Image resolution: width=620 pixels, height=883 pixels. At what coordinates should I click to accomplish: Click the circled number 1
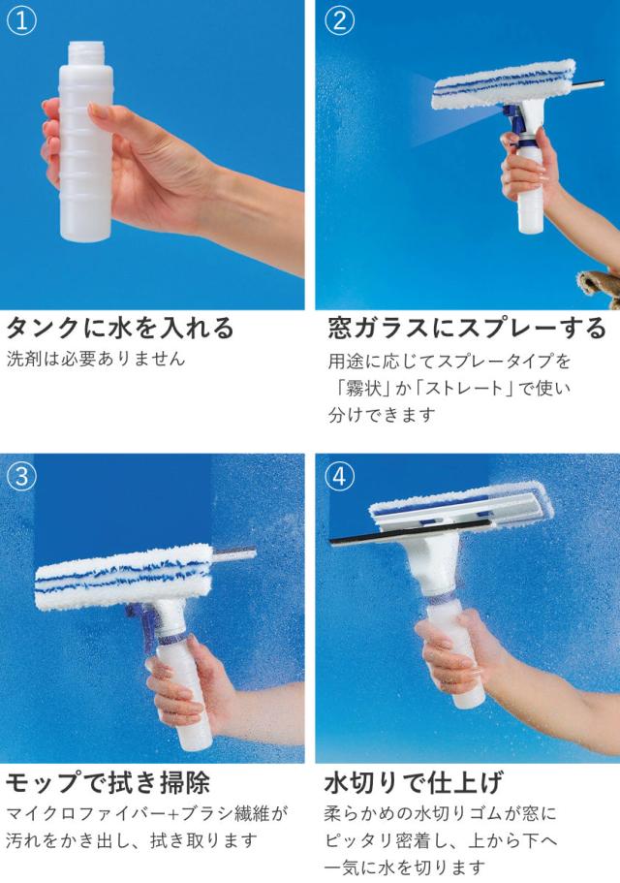tap(21, 20)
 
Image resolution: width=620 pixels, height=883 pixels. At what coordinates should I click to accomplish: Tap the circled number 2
tap(340, 20)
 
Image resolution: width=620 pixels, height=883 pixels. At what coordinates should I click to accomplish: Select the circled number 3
tap(21, 477)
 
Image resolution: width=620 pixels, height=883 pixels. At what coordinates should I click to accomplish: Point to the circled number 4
tap(340, 477)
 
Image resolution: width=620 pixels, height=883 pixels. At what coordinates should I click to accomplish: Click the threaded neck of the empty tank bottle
tap(86, 50)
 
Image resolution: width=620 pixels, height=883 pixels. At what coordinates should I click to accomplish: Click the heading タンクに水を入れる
tap(119, 328)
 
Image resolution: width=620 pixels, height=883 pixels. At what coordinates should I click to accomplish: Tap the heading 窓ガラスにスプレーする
tap(467, 328)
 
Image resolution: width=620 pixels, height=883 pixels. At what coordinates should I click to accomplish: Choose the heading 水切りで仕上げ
tap(414, 783)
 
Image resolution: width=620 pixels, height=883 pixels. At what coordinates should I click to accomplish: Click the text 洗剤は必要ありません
tap(96, 359)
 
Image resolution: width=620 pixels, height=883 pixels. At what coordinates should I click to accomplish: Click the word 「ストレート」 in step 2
tap(462, 388)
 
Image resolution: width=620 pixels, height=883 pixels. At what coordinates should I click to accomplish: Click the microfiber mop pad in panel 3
tap(124, 577)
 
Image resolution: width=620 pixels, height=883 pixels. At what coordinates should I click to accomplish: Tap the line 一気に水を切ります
tap(405, 867)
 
